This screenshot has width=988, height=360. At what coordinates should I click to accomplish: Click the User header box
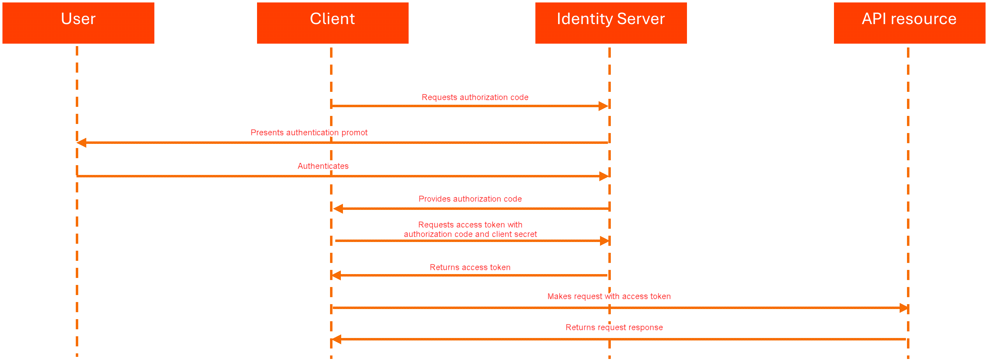click(78, 23)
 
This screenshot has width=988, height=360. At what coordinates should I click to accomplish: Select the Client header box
click(332, 23)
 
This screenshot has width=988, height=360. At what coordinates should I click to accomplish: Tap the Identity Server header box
click(610, 23)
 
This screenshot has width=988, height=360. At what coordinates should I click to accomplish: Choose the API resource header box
click(909, 23)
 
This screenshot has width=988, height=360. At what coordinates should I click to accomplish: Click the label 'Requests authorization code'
click(475, 97)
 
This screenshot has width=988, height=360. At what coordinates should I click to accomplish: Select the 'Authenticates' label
click(323, 166)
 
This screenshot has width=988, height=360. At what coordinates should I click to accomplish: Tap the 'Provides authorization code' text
click(470, 199)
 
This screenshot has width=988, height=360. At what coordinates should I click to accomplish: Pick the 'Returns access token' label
click(470, 267)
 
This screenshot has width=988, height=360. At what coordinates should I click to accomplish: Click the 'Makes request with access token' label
click(609, 296)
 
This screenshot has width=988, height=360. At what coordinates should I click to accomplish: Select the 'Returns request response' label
click(614, 328)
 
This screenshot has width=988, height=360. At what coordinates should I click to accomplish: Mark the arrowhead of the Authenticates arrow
click(604, 176)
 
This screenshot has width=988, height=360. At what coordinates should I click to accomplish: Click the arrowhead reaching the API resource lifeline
click(903, 308)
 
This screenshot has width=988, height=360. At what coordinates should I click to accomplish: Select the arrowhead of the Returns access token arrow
click(336, 275)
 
